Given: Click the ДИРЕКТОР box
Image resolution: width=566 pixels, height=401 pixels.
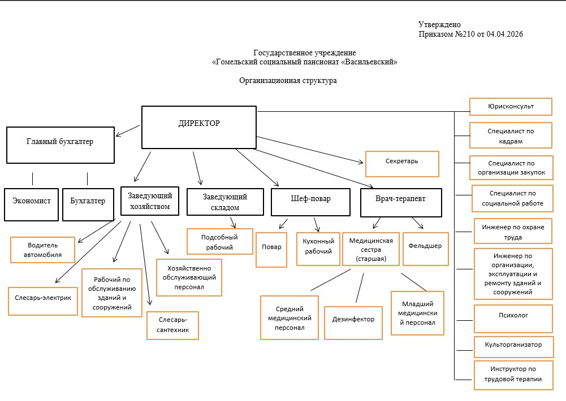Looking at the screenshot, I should coord(198,127).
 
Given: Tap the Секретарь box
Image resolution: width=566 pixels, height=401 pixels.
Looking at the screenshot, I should coord(402,163).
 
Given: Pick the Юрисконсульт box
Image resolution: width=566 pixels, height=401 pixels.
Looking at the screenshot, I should coord(511,106).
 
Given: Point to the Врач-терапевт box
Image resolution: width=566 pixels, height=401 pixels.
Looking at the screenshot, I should coord(400,202).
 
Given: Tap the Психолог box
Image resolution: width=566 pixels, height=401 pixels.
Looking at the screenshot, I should coord(513,318).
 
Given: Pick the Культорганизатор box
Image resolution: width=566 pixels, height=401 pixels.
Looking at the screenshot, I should coord(513,345).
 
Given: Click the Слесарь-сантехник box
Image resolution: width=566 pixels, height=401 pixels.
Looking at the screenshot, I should coord(172,325).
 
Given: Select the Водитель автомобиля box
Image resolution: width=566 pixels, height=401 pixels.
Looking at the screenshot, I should coord(43,250).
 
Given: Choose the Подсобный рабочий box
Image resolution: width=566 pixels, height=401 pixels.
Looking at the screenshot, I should coord(219,242).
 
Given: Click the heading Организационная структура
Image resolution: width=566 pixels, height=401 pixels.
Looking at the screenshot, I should coord(288,81).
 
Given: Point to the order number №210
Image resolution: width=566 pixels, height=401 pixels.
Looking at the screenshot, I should coord(463,34).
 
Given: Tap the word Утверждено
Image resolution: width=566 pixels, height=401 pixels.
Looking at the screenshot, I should coord(440,24).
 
